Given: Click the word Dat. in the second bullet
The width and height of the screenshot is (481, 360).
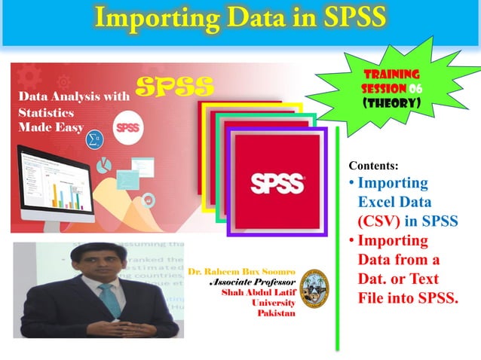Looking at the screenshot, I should (x=377, y=279).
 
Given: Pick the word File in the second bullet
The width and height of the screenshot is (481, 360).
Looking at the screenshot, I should (x=373, y=298).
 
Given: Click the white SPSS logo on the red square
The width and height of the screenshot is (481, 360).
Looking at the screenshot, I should (x=277, y=182).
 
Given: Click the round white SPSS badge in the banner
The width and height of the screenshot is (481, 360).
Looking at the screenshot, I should (x=125, y=129).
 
